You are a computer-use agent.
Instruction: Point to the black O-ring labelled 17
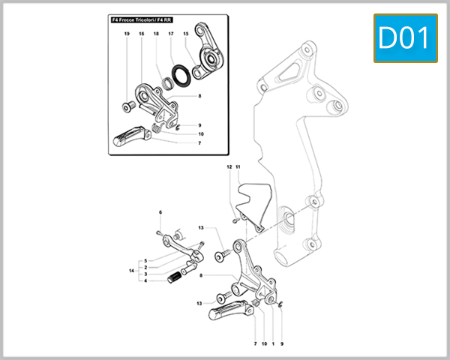click(x=179, y=74)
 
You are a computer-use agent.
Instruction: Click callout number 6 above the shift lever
click(x=160, y=213)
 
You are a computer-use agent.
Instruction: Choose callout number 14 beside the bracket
click(x=131, y=270)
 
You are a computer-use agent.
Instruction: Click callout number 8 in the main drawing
click(x=201, y=275)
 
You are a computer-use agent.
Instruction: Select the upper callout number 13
click(x=201, y=227)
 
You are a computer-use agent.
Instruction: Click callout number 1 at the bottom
click(x=273, y=343)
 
